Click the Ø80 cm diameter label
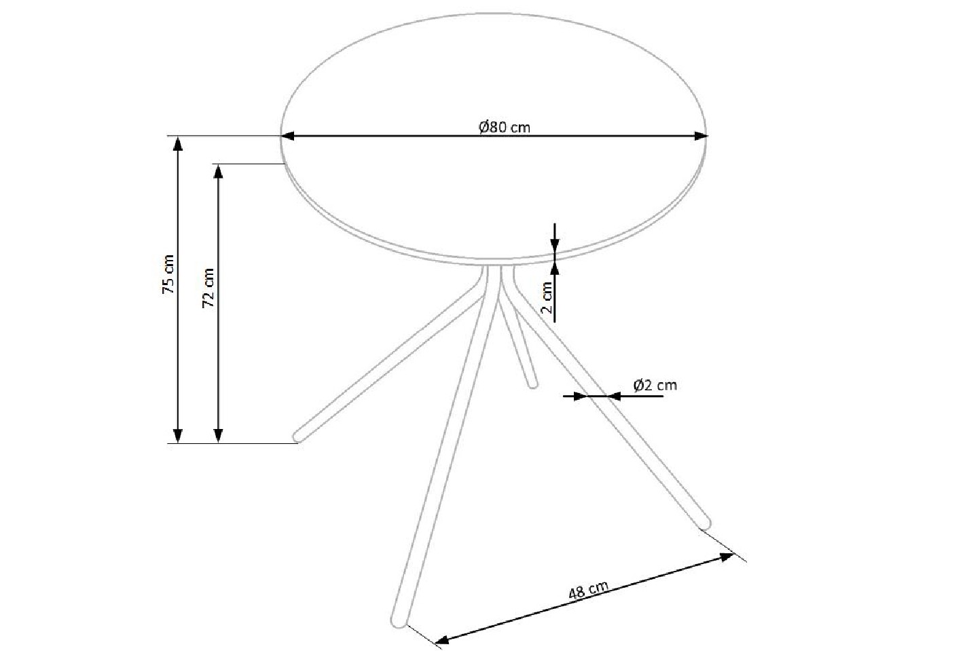point(504,127)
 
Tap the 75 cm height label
point(168,274)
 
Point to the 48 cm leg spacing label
point(587,590)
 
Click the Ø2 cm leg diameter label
point(655,385)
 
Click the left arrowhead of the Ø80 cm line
point(288,136)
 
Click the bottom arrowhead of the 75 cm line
point(178,436)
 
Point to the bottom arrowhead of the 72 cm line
point(218,436)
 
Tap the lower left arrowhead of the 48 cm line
point(441,639)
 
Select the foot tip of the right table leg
point(705,523)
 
